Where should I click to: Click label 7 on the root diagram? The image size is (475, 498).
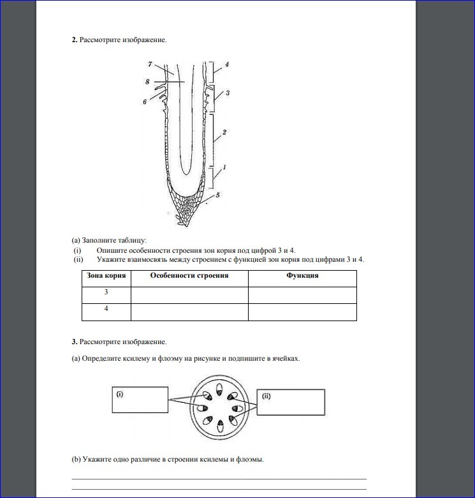coord(149,64)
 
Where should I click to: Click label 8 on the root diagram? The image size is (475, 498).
coord(147,82)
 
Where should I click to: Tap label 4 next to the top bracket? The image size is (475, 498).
coord(227,64)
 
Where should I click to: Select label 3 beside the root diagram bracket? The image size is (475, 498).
coord(228,93)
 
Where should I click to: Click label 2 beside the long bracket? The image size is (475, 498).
coord(224,133)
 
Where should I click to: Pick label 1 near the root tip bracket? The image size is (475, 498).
coord(224,167)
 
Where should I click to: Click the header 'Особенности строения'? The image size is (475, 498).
coord(189,276)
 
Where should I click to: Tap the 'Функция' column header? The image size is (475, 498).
coord(302,276)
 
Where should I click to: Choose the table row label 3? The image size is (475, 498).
coord(106,292)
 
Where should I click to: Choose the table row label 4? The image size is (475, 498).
coord(106,309)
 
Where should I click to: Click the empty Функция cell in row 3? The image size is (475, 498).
coord(302,295)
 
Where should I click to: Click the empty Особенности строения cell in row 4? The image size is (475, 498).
coord(189,312)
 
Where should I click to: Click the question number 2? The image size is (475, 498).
coord(74,40)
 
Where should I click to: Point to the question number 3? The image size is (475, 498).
coord(74,342)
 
